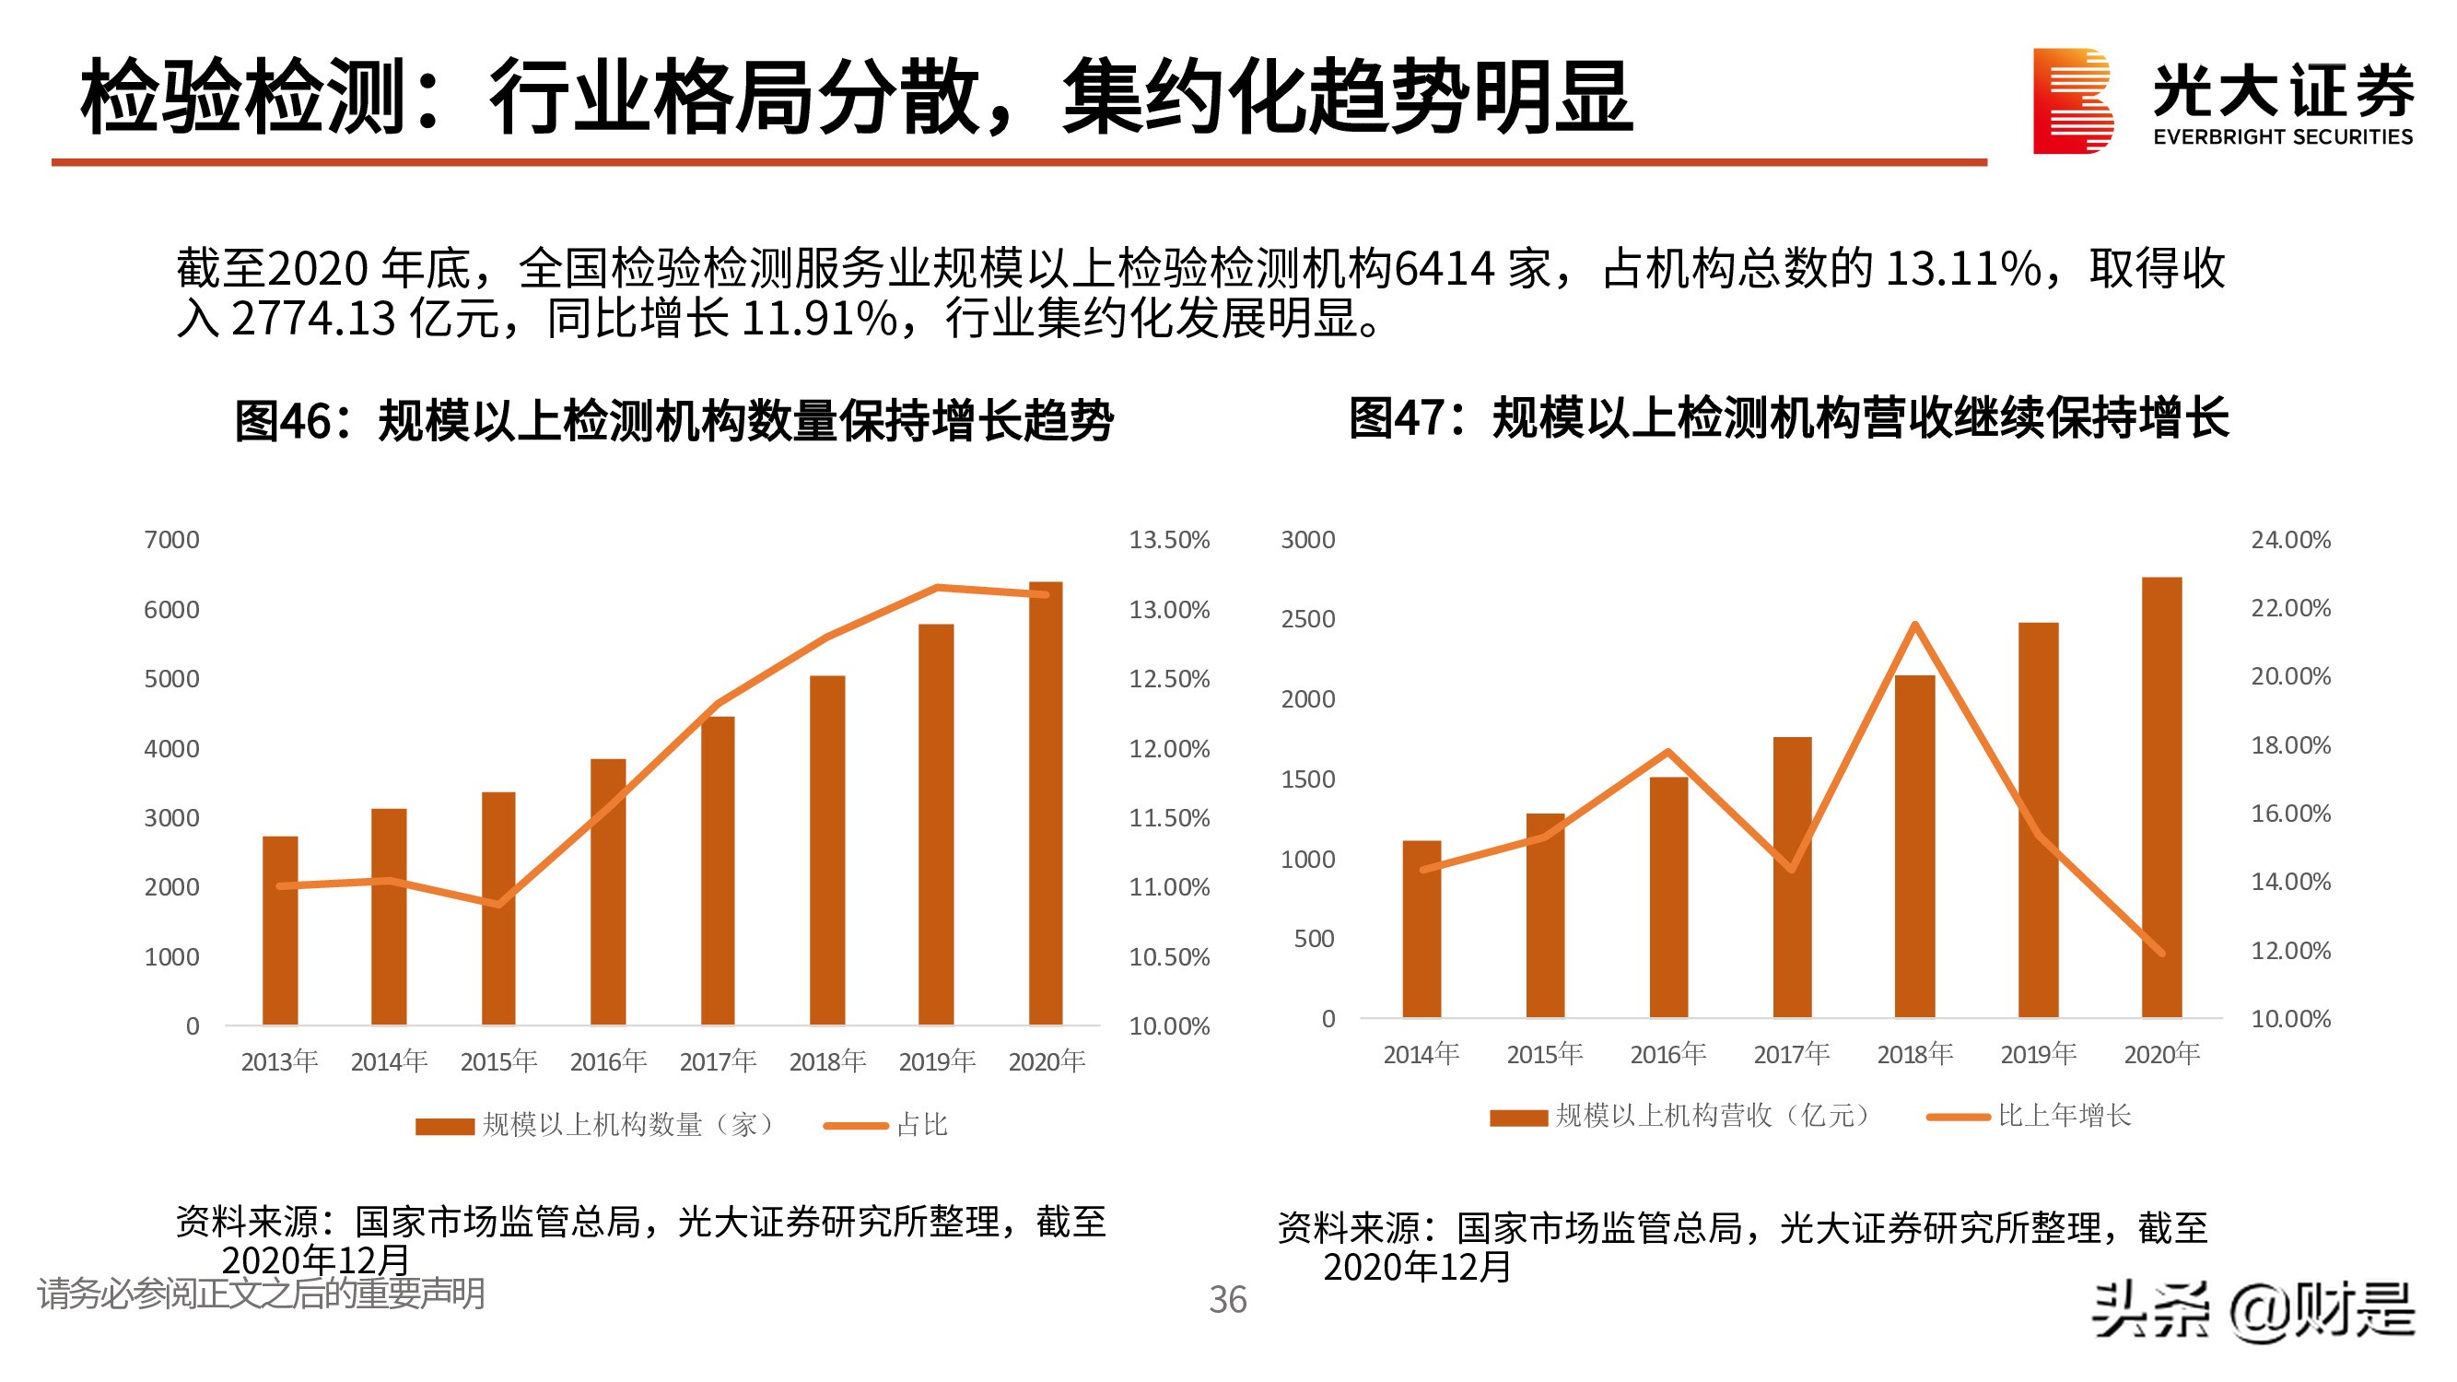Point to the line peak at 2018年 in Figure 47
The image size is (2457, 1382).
[1914, 625]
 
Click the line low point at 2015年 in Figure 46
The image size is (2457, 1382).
[497, 903]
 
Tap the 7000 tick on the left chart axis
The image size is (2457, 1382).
[171, 540]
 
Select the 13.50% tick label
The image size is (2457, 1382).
[1168, 540]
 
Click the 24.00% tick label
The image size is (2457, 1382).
[2290, 540]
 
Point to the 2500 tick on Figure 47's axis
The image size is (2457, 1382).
[1306, 619]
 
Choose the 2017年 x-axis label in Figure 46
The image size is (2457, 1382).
[718, 1060]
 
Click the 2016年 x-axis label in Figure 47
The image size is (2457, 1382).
[1667, 1054]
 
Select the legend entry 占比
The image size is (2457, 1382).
[920, 1124]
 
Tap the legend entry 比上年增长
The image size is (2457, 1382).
[2063, 1115]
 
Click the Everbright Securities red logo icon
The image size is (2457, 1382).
[2071, 100]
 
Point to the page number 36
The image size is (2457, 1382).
[1226, 1299]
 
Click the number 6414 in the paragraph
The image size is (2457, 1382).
[1443, 269]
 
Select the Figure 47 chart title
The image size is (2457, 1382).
[1788, 418]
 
